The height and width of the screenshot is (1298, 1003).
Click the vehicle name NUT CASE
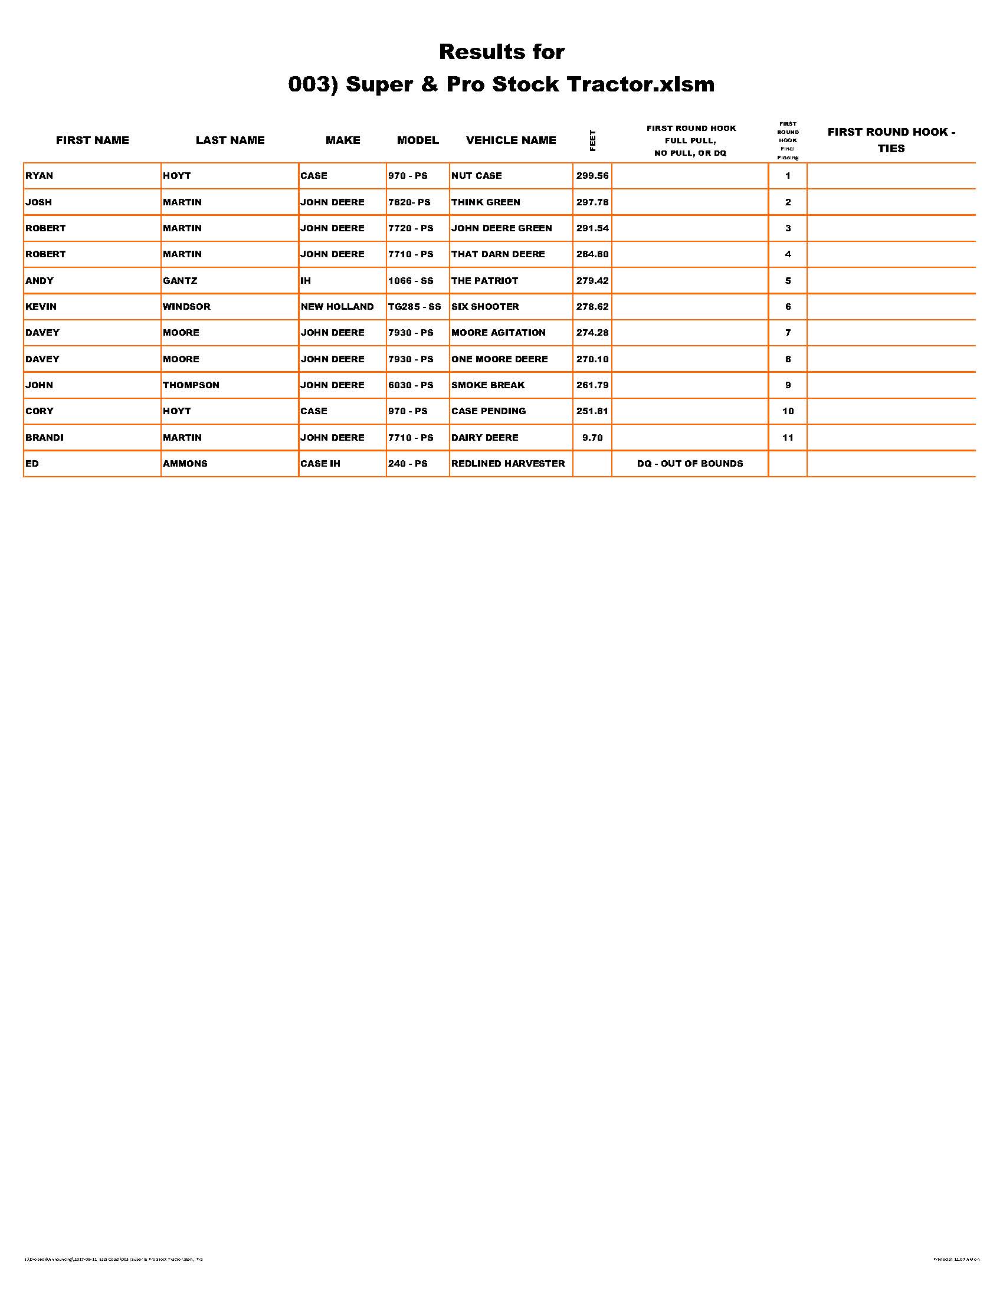476,176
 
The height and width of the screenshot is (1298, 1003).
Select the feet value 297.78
592,202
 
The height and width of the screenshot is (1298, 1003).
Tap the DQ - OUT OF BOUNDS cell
689,464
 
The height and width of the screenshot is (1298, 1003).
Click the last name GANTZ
180,280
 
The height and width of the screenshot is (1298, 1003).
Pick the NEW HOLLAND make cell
337,307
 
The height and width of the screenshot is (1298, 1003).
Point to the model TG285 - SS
414,307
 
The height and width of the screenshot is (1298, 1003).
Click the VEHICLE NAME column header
511,140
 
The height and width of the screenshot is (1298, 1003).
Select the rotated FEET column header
592,140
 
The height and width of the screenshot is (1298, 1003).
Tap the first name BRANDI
45,437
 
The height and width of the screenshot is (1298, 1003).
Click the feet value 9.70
592,437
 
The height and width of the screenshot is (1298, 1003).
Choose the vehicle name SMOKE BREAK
488,385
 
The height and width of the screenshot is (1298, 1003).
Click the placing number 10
787,411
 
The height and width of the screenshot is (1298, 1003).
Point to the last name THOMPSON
191,385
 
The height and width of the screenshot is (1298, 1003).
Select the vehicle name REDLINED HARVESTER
508,464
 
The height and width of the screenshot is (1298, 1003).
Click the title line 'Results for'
501,52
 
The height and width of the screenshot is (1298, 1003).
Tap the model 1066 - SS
411,280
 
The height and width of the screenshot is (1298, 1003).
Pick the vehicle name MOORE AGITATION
498,333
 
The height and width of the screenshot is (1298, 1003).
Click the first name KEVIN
41,307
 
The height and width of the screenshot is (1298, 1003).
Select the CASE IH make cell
320,464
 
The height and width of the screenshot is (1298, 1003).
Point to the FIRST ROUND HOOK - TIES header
891,140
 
